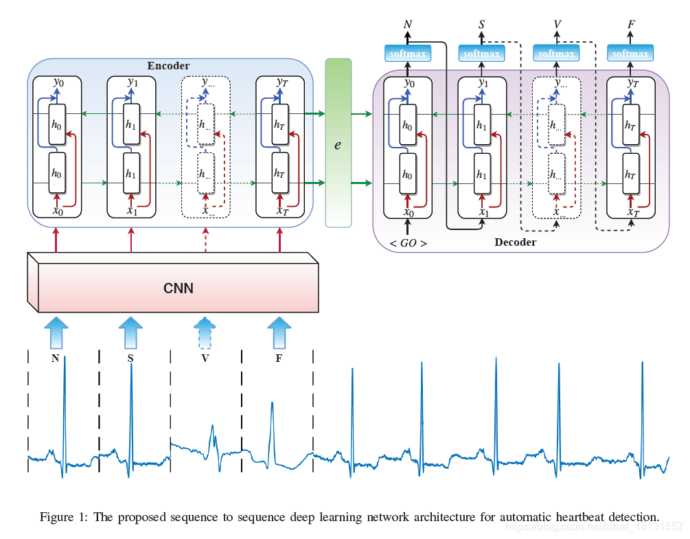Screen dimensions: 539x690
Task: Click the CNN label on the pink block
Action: point(179,288)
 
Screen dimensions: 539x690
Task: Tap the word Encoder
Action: point(168,66)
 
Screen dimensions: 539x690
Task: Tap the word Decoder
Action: point(515,242)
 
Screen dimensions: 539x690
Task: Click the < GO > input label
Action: point(408,243)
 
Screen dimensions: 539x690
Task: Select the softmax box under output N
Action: point(408,53)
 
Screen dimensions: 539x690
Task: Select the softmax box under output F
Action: point(630,53)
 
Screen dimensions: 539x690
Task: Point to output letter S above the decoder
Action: point(482,25)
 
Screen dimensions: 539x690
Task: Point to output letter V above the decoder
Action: point(557,25)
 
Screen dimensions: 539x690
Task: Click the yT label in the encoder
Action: point(280,82)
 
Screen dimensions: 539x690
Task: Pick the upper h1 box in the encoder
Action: point(131,124)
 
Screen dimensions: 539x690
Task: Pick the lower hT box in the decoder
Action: point(630,174)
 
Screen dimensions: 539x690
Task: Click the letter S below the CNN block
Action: point(130,358)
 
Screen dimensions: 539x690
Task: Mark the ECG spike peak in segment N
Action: point(65,357)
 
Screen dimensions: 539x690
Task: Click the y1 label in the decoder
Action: point(483,84)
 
